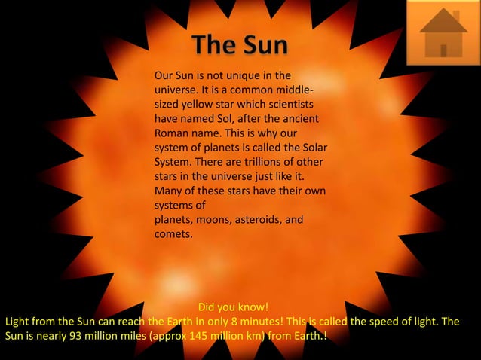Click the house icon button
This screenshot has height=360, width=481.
[x=443, y=33]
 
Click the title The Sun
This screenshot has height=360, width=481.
[x=240, y=45]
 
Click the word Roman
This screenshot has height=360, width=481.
[x=170, y=133]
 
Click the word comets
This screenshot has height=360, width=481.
[x=173, y=234]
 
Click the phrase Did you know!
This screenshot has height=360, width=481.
[x=233, y=307]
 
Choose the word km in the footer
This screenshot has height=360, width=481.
[x=251, y=336]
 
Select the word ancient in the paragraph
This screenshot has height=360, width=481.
[x=299, y=119]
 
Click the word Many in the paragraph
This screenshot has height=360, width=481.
[x=168, y=191]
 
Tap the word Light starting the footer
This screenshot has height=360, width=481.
[x=17, y=322]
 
